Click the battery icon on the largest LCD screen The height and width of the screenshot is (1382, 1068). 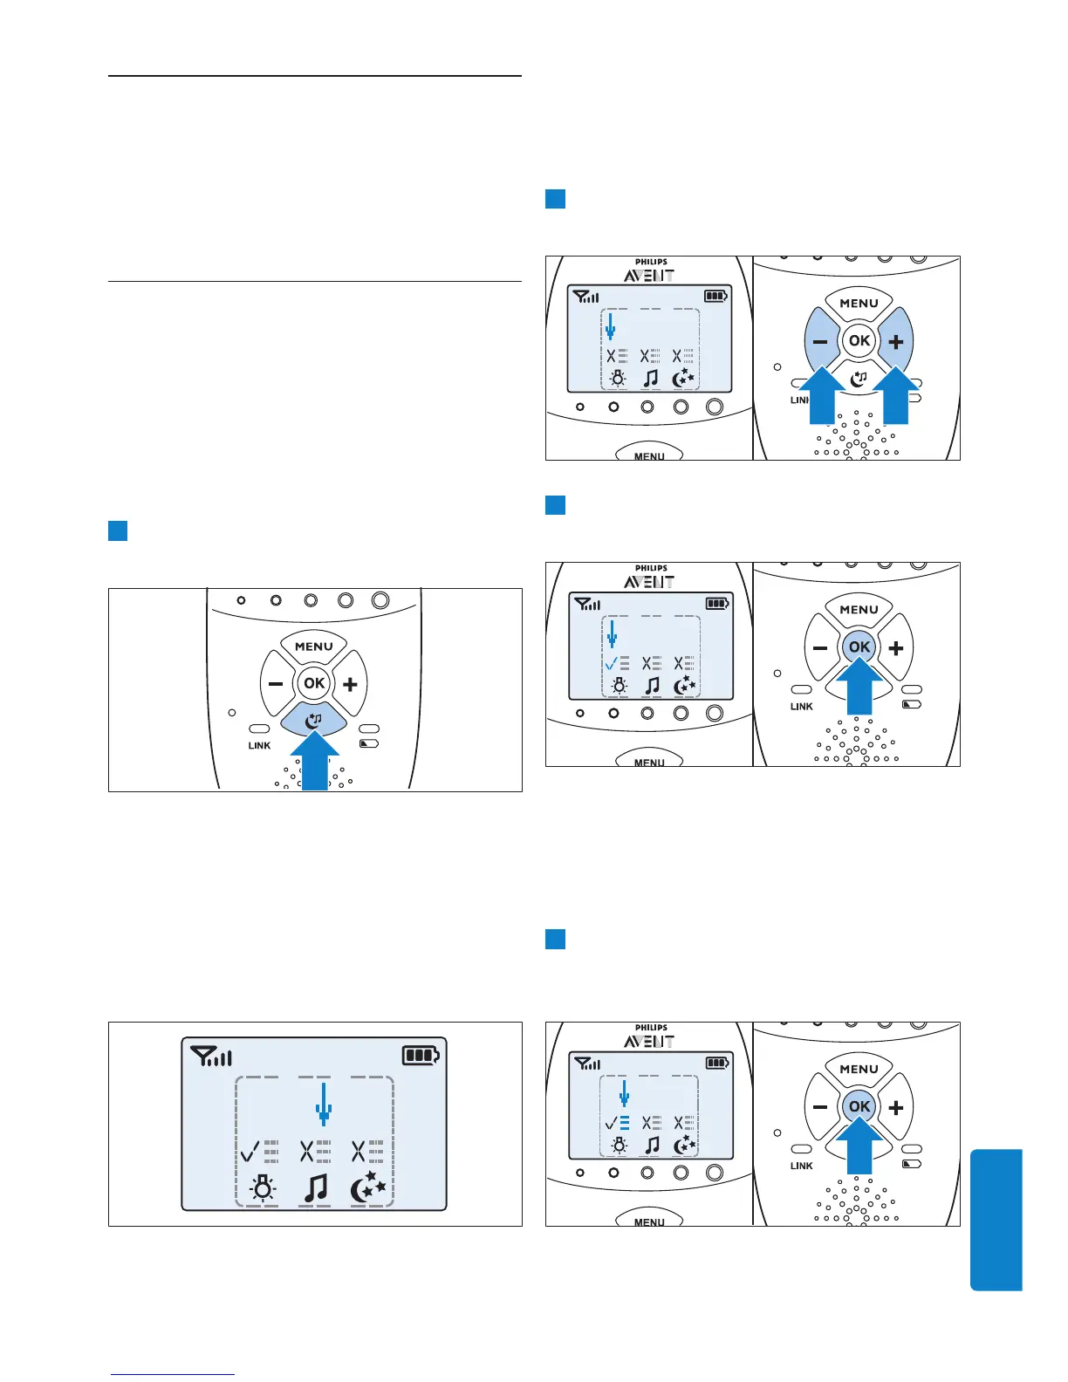click(x=421, y=1056)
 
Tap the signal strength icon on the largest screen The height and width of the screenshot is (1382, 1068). click(x=211, y=1057)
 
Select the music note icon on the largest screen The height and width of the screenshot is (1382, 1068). click(x=315, y=1187)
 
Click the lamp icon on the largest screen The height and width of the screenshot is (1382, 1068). click(x=262, y=1188)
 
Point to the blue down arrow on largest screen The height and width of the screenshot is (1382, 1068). click(x=324, y=1104)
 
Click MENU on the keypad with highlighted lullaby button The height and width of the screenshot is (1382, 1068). click(x=314, y=647)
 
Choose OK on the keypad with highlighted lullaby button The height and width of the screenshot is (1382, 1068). click(x=314, y=683)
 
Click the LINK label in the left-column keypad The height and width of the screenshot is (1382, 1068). click(x=259, y=746)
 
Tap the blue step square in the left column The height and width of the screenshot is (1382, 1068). click(x=118, y=530)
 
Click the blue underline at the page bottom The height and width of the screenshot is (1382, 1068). click(x=174, y=1374)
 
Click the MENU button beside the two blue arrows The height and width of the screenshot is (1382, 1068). click(x=859, y=304)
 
